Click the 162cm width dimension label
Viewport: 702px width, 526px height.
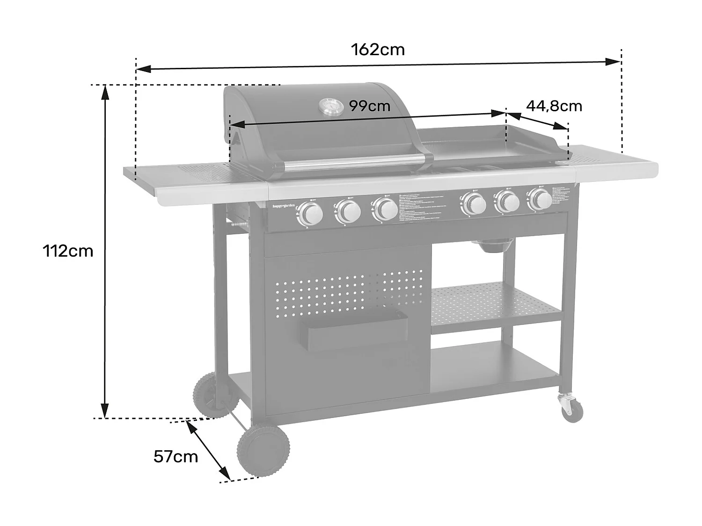coord(378,49)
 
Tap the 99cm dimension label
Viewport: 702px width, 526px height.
coord(370,106)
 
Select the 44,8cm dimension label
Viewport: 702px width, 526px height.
coord(554,106)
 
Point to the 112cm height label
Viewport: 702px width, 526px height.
coord(68,251)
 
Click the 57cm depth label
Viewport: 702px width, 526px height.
coord(175,456)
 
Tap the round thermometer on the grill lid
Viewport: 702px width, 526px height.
coord(330,107)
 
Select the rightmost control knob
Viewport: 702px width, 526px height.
coord(541,200)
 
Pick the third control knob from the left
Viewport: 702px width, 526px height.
coord(384,209)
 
